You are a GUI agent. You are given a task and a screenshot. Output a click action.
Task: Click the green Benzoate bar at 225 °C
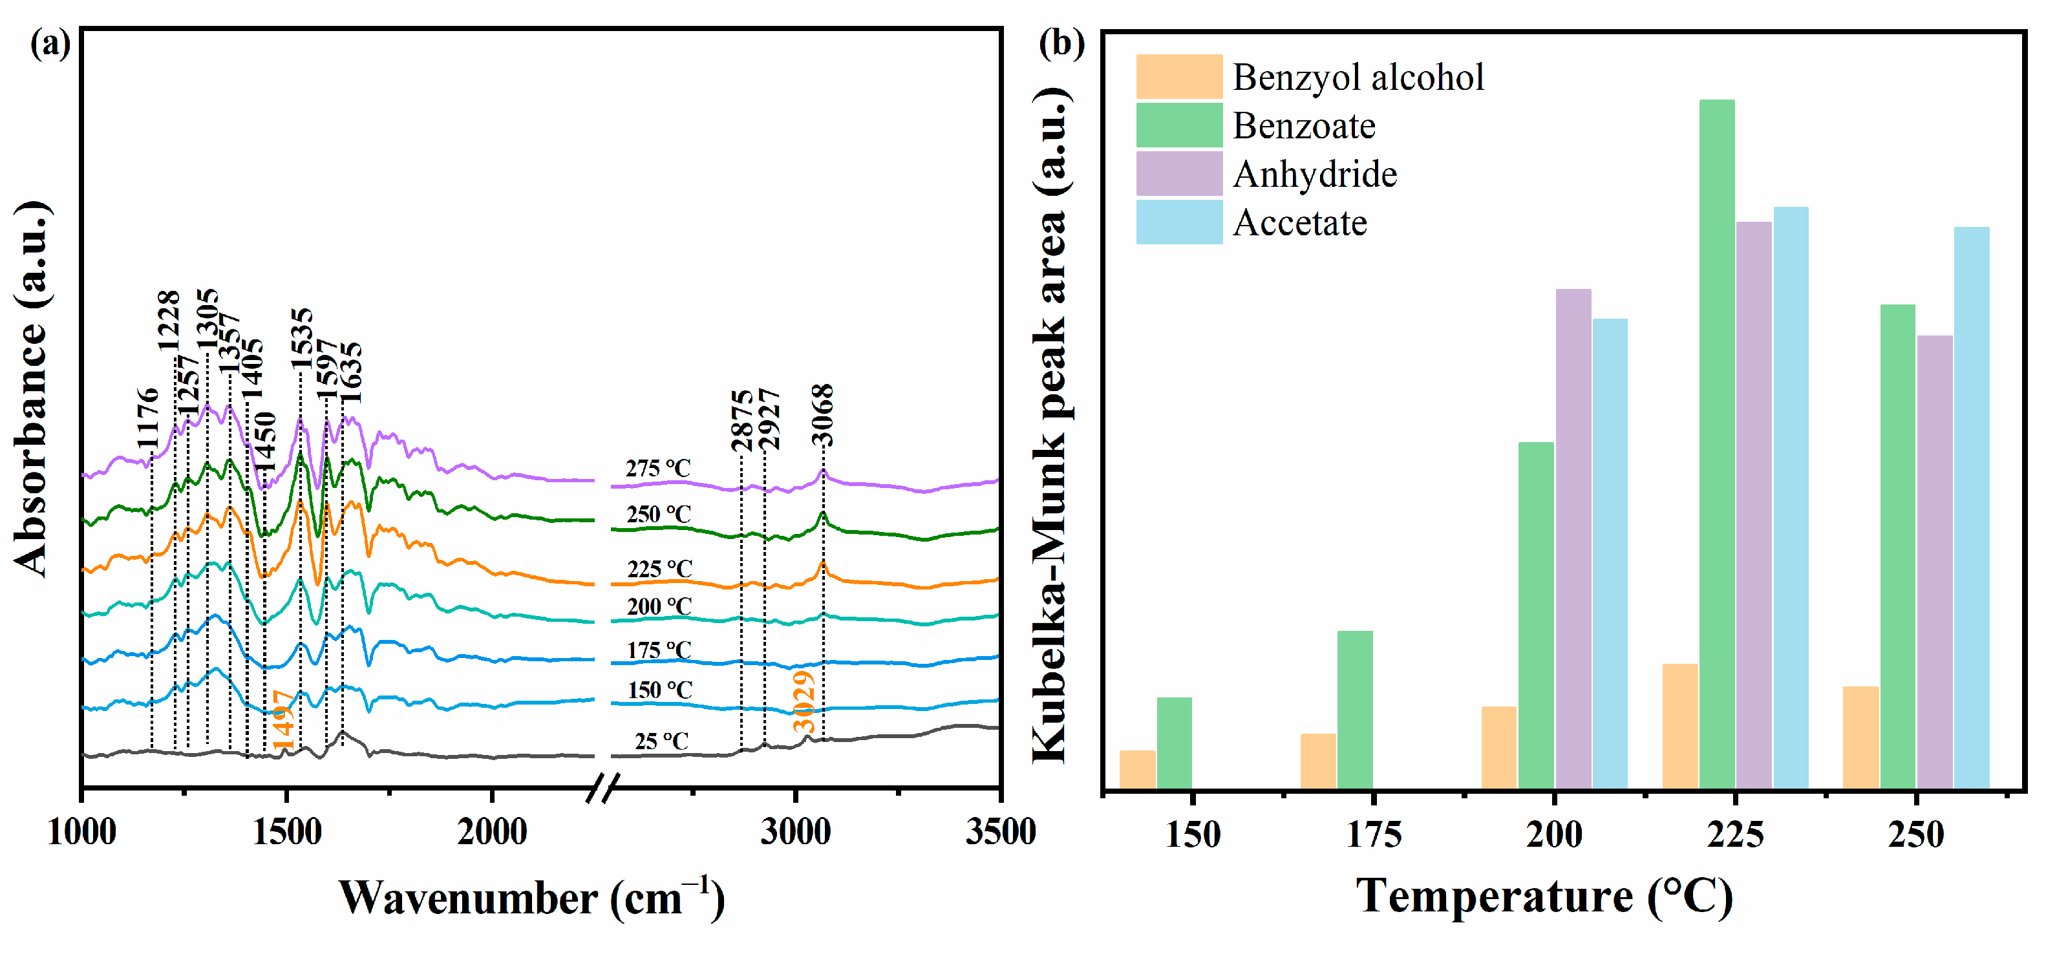pos(1716,445)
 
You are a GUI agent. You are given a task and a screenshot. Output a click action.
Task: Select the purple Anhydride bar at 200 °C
pos(1573,540)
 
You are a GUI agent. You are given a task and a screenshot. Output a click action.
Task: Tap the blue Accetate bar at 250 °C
pos(1972,508)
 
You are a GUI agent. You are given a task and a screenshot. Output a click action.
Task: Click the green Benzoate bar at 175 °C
pos(1354,710)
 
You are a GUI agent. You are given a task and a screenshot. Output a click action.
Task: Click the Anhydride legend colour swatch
pos(1178,174)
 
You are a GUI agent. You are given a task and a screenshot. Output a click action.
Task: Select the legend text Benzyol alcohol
pos(1358,78)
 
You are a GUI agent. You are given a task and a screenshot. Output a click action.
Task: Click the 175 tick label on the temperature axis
pos(1373,834)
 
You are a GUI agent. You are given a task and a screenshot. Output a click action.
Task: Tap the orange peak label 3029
pos(804,702)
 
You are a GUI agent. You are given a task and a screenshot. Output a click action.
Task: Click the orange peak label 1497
pos(282,719)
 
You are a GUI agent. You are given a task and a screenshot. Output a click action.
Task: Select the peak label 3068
pos(823,415)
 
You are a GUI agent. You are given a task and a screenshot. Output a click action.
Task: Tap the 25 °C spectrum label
pos(661,741)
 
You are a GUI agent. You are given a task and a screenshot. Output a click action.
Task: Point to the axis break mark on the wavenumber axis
pos(602,789)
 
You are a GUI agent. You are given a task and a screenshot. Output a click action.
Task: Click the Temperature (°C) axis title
pos(1544,897)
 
